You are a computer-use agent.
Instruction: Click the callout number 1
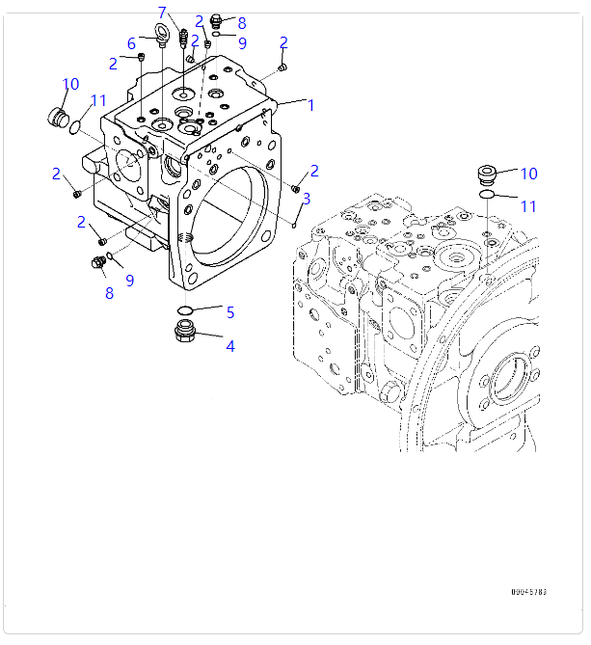click(310, 105)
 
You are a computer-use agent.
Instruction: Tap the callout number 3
click(307, 199)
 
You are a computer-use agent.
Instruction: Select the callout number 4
click(230, 345)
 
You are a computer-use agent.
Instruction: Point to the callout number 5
click(230, 311)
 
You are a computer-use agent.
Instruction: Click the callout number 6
click(131, 42)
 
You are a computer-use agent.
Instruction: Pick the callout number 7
click(162, 13)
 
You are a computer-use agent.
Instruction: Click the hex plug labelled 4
click(186, 334)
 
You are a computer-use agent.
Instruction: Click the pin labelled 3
click(295, 220)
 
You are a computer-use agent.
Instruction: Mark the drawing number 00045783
click(529, 592)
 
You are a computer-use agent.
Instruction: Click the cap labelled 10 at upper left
click(60, 119)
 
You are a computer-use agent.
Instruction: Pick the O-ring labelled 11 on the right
click(488, 196)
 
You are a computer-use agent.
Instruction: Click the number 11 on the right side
click(528, 205)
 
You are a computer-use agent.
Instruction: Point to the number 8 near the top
click(241, 23)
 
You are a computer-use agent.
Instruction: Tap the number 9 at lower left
click(129, 280)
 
